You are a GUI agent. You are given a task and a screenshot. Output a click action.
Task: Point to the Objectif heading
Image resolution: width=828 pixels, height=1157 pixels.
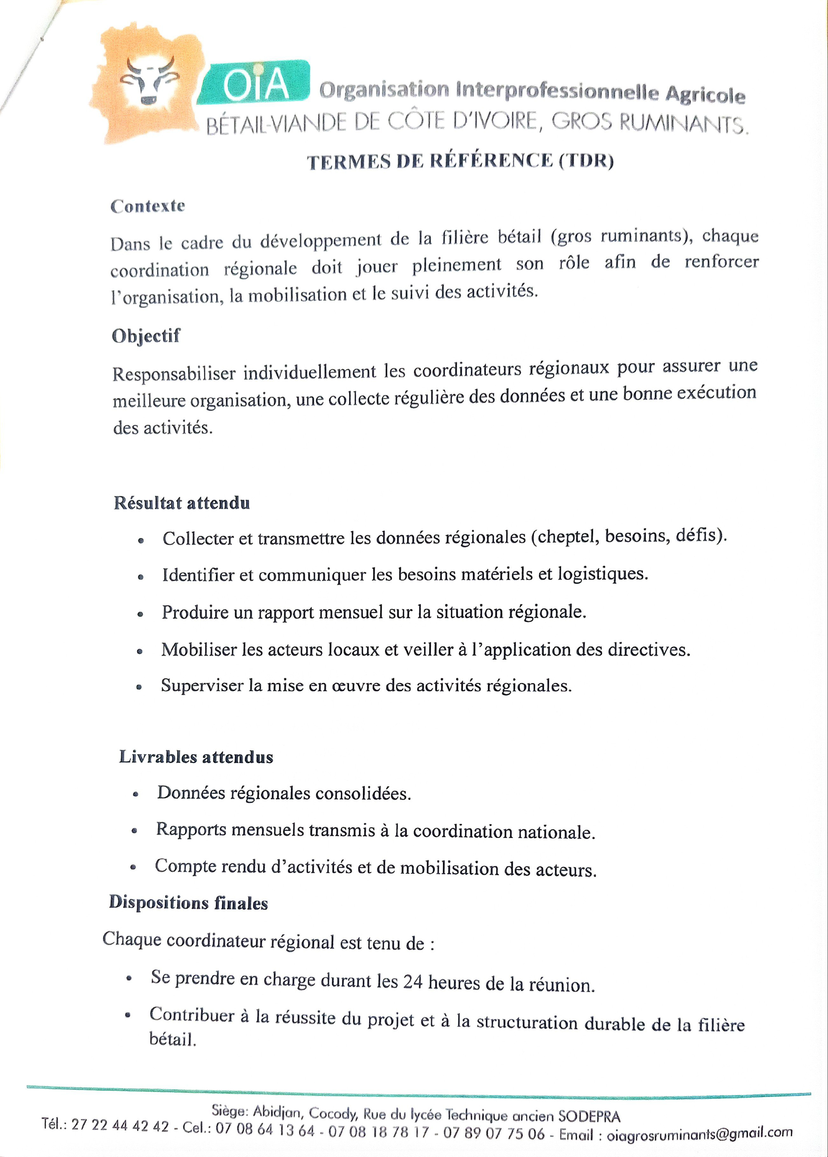click(x=146, y=336)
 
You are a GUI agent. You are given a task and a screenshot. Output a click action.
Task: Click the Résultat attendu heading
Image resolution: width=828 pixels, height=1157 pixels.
click(x=182, y=503)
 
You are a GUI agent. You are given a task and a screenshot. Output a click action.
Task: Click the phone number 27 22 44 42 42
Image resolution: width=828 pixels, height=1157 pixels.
click(x=120, y=1125)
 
